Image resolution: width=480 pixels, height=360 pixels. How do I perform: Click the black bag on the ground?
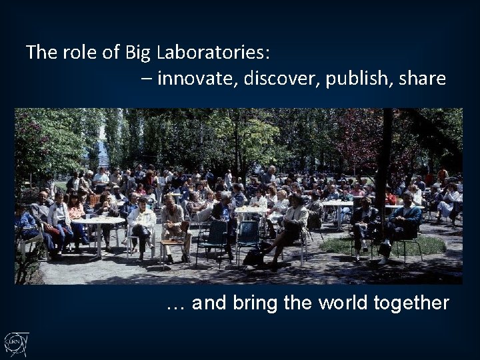pyautogui.click(x=253, y=257)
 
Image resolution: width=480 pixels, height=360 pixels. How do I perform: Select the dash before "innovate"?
pyautogui.click(x=146, y=79)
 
